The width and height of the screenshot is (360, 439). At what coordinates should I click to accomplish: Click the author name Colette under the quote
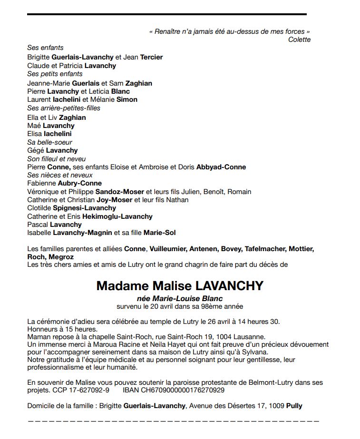[299, 39]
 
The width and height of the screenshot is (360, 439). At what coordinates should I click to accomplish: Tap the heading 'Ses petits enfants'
[55, 74]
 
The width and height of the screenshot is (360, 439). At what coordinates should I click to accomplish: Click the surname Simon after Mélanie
[127, 99]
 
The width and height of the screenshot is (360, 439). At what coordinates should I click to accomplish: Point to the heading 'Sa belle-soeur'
[49, 142]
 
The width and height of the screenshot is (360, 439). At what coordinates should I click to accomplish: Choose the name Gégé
[35, 150]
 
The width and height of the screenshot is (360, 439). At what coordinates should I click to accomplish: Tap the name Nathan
[177, 200]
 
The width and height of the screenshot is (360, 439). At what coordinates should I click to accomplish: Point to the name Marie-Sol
[160, 233]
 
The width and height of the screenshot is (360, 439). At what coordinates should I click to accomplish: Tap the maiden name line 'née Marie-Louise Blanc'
[179, 299]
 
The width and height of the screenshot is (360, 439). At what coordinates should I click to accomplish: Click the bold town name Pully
[294, 406]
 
